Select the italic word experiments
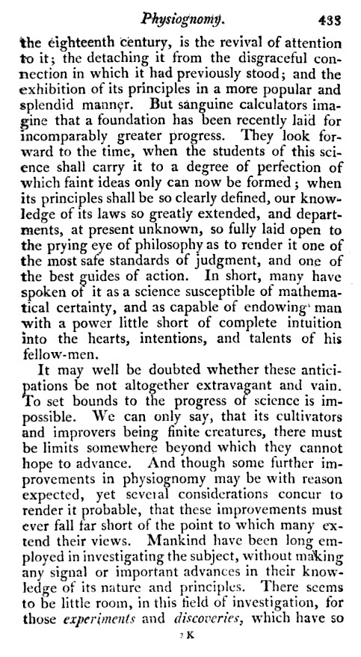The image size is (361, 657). pyautogui.click(x=108, y=640)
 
